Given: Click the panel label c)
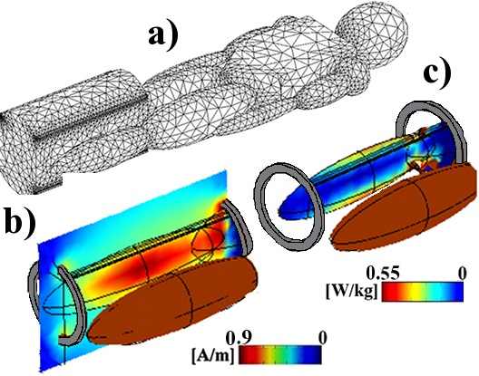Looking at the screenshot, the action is pos(437,72).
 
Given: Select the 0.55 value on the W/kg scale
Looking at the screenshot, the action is pos(383,274).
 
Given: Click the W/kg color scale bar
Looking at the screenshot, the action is pos(423,292).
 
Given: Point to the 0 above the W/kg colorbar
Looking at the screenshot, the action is pos(463,273).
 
